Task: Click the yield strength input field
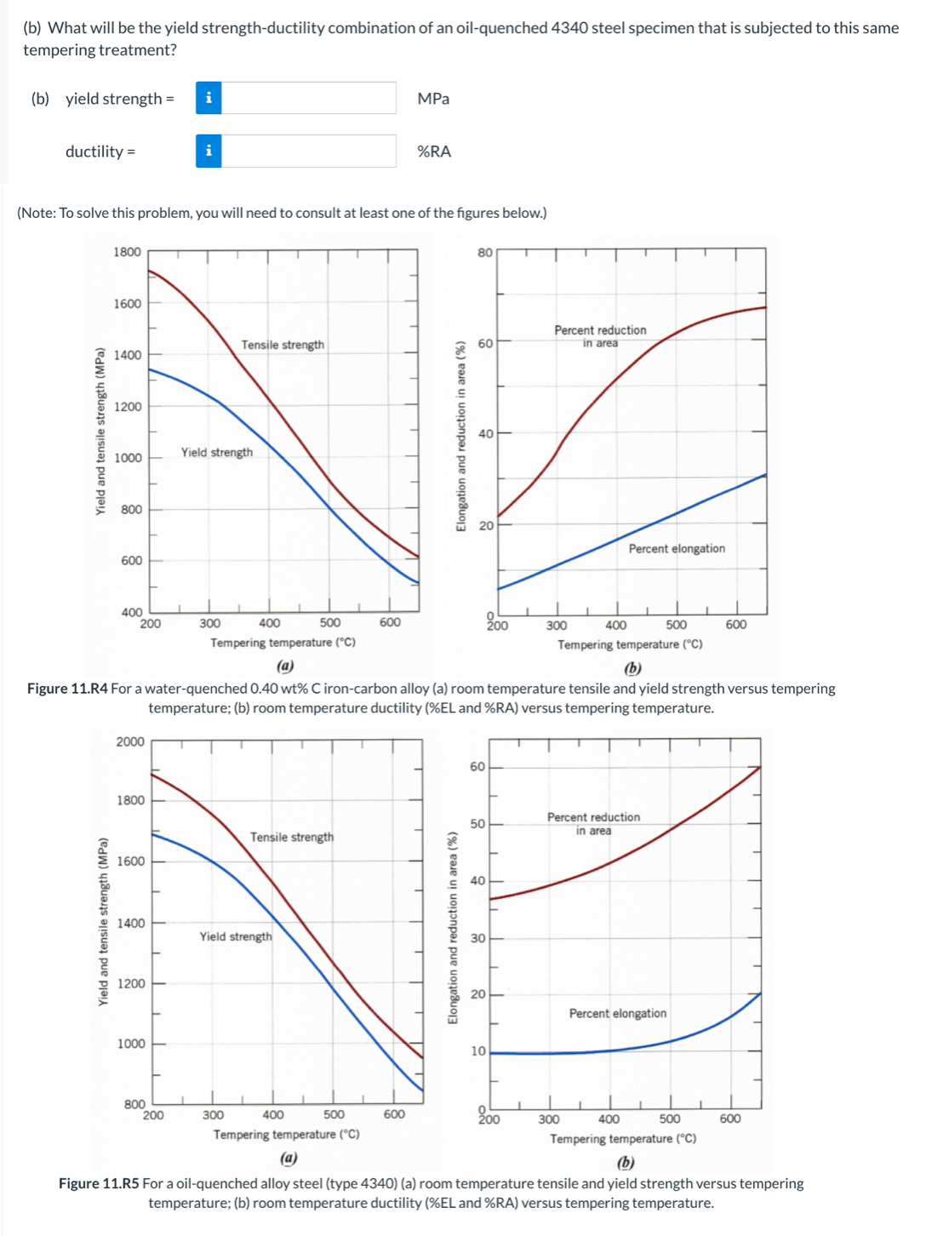pyautogui.click(x=308, y=98)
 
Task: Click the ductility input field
pyautogui.click(x=308, y=151)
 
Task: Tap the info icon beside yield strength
pyautogui.click(x=209, y=98)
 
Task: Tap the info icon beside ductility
pyautogui.click(x=209, y=151)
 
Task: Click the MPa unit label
pyautogui.click(x=433, y=99)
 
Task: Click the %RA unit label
pyautogui.click(x=434, y=152)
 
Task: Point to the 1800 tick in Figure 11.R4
pyautogui.click(x=128, y=252)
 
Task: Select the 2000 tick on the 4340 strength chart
pyautogui.click(x=130, y=741)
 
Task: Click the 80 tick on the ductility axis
pyautogui.click(x=485, y=252)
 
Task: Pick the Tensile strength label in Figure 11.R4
pyautogui.click(x=283, y=345)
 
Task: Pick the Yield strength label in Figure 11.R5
pyautogui.click(x=236, y=936)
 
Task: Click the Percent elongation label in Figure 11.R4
pyautogui.click(x=677, y=549)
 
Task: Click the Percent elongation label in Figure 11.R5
pyautogui.click(x=618, y=1013)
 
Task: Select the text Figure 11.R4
pyautogui.click(x=67, y=689)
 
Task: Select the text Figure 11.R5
pyautogui.click(x=99, y=1183)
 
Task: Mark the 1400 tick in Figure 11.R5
pyautogui.click(x=131, y=923)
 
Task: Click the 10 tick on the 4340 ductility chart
pyautogui.click(x=478, y=1051)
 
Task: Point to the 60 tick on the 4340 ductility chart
pyautogui.click(x=478, y=767)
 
